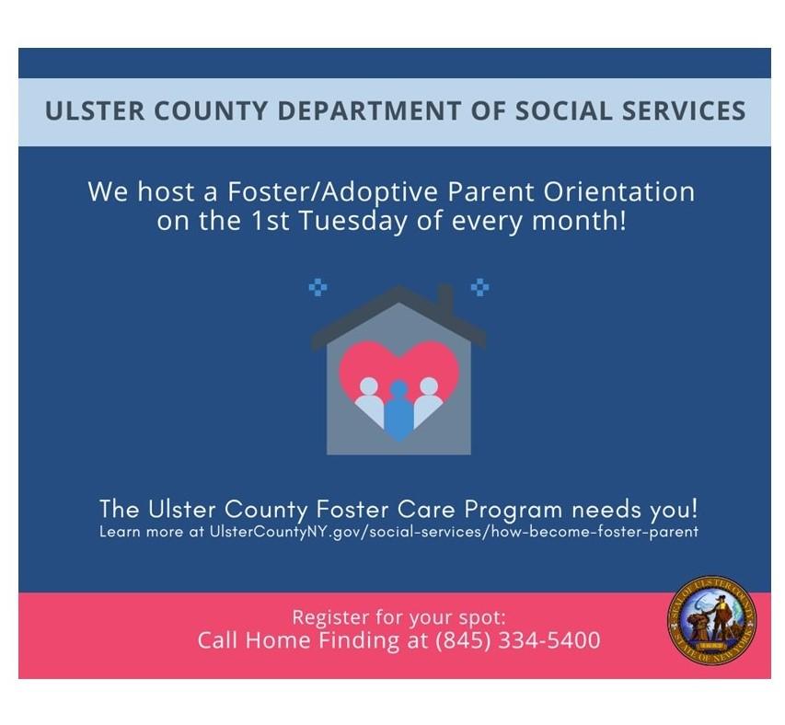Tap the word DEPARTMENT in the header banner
(369, 111)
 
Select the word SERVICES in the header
(684, 111)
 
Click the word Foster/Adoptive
(332, 192)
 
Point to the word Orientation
(618, 191)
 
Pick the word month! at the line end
(579, 221)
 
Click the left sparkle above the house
(317, 287)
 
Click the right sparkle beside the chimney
(480, 287)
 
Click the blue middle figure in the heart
(398, 411)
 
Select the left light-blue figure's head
(369, 386)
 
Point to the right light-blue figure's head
(429, 386)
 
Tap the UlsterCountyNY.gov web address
(454, 532)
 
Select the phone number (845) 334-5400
(517, 640)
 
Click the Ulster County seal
(712, 620)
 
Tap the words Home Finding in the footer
(322, 640)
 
